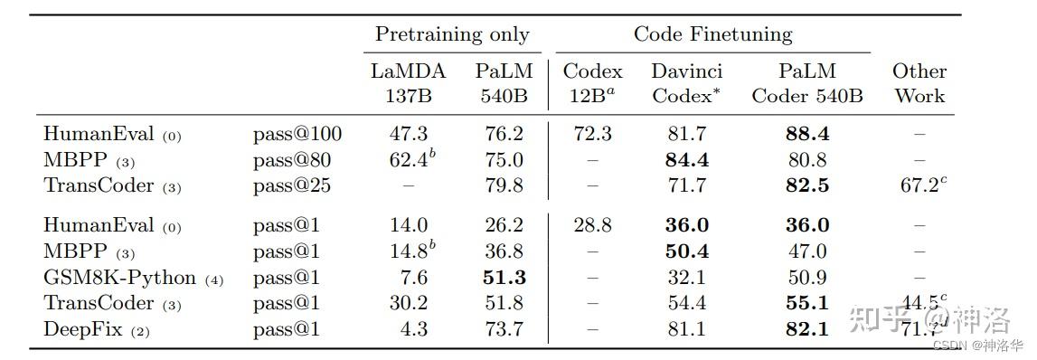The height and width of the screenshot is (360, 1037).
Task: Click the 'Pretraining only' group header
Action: (452, 35)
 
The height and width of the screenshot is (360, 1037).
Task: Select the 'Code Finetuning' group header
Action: (712, 35)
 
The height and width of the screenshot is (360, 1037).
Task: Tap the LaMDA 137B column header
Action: (408, 83)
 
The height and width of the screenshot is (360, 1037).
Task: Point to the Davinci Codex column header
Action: (686, 83)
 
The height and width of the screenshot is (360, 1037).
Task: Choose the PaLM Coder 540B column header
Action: (807, 83)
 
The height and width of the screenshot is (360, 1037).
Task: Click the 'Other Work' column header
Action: (919, 83)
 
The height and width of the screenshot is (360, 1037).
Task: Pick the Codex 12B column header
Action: (592, 83)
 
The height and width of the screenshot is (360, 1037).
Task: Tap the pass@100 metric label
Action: (297, 135)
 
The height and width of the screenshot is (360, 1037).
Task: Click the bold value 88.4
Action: (807, 135)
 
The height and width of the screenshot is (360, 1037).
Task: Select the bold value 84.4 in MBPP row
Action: (686, 161)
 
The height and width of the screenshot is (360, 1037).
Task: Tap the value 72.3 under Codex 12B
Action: (592, 135)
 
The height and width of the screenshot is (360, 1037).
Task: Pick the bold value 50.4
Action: (686, 251)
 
